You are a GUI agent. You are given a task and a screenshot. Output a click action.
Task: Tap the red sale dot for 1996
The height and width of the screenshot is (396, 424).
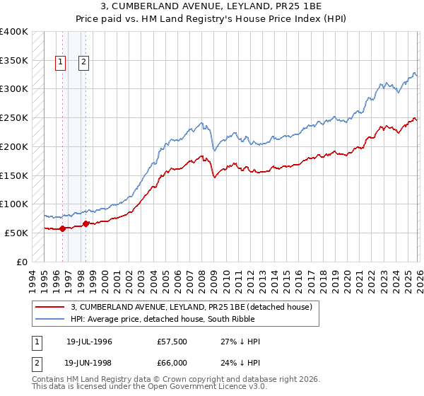click(x=62, y=228)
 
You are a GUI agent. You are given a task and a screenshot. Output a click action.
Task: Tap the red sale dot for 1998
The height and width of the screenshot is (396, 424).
click(x=86, y=223)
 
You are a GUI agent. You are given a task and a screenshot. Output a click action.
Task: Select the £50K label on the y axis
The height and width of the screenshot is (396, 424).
click(x=16, y=233)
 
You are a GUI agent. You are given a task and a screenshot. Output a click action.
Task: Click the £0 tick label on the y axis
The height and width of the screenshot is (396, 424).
click(x=21, y=262)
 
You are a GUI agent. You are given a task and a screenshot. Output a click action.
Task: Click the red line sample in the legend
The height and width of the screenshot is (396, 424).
click(x=50, y=307)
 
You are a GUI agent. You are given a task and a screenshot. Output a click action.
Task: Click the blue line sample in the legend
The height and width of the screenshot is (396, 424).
click(x=50, y=319)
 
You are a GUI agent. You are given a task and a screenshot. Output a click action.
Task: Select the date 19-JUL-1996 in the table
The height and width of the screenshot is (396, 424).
click(x=89, y=342)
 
